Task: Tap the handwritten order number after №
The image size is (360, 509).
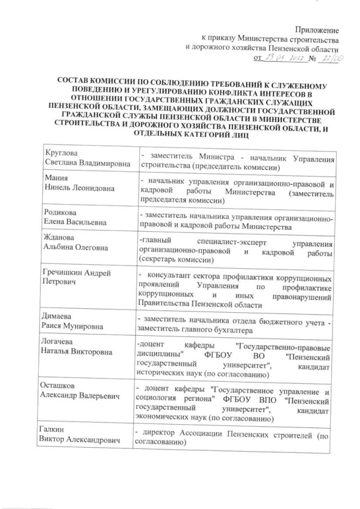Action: [327, 57]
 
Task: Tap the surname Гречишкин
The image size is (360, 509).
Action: [65, 273]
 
